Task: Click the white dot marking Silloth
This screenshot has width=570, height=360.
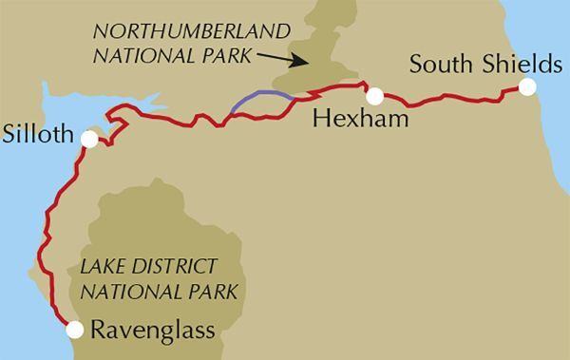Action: (x=89, y=139)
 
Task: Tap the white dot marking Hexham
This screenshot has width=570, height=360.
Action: (x=375, y=95)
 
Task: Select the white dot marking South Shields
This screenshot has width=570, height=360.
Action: (x=527, y=87)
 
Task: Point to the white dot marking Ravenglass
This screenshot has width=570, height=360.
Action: (x=72, y=330)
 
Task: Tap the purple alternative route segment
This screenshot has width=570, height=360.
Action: (x=258, y=98)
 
